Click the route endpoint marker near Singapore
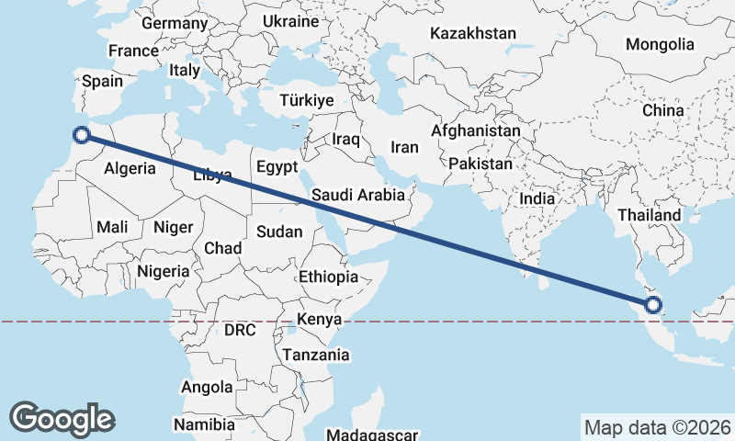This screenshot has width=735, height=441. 655,306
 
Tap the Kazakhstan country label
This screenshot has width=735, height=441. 473,33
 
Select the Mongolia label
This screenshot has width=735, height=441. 660,44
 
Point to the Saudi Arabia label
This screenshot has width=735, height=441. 358,195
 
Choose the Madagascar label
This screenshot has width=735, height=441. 372,435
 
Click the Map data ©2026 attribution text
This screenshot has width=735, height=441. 658,427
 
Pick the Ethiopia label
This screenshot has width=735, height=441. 328,277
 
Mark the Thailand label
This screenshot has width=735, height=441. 650,215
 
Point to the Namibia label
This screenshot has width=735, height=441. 204,425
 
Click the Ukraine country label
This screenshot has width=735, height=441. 290,21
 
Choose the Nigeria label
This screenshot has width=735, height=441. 164,271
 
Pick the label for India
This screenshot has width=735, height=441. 537,198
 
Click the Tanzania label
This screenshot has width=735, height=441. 316,355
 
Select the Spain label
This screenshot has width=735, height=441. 102,81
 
